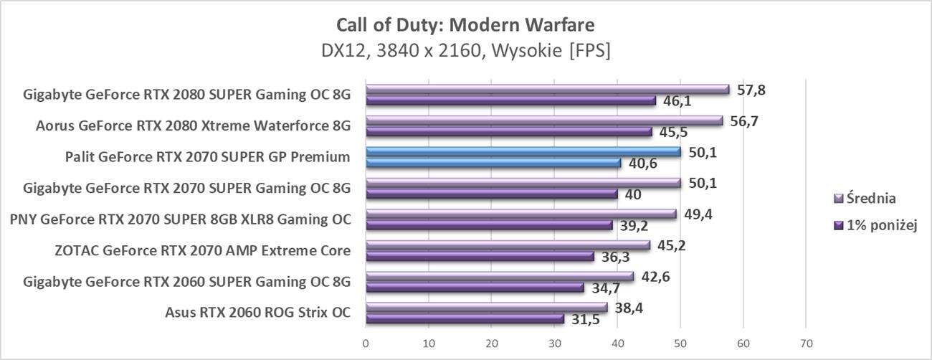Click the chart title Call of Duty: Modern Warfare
coord(465,25)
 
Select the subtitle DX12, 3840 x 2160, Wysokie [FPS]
coord(465,52)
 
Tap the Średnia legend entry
coord(871,199)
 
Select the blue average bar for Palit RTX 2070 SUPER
coord(523,152)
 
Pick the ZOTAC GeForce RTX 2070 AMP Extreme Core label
coord(202,251)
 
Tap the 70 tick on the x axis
coord(806,343)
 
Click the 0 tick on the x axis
coord(366,343)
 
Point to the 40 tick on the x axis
coord(617,343)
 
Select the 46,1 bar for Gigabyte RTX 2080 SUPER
coord(510,101)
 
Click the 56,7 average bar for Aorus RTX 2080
coord(544,121)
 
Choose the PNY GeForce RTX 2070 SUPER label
coord(181,219)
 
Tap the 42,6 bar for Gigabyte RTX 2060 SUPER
coord(500,276)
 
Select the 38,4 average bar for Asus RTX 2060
coord(486,307)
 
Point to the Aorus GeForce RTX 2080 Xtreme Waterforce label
coord(194,126)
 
